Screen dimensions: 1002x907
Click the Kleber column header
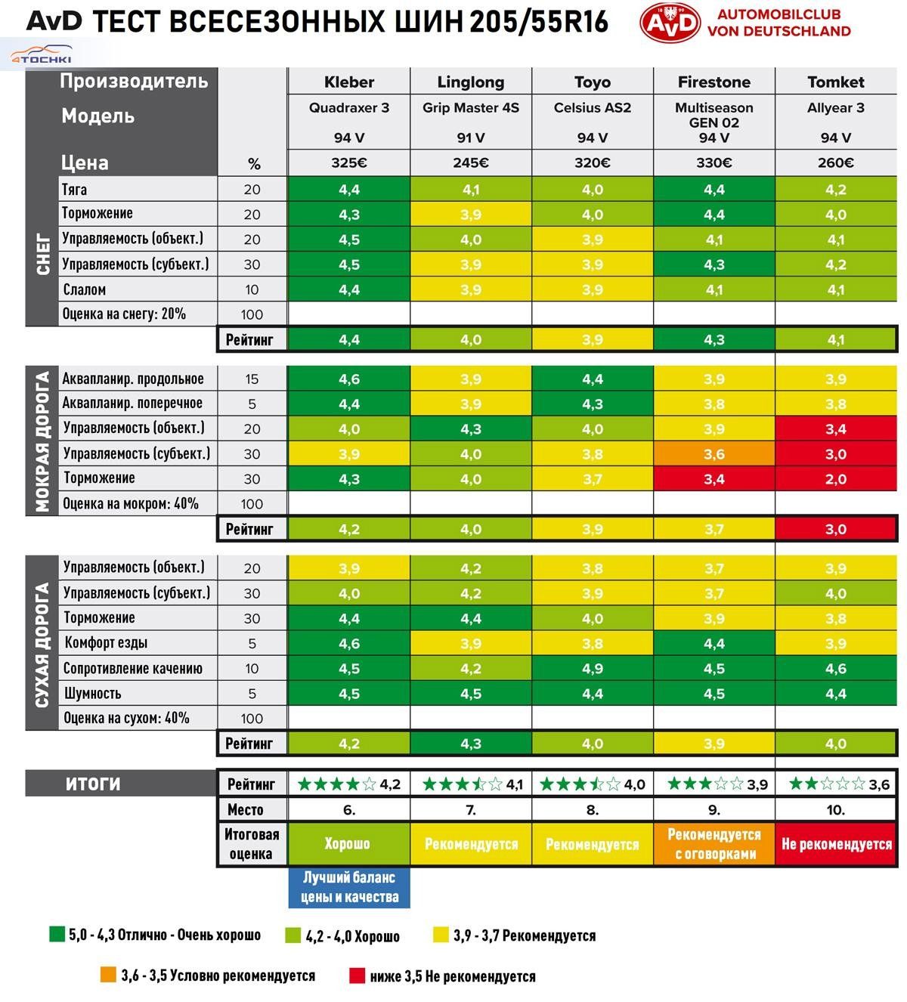349,82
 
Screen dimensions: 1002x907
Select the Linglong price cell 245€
470,162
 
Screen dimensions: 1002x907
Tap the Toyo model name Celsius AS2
592,108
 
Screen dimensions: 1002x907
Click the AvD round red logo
670,23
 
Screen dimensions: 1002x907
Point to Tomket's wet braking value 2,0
835,479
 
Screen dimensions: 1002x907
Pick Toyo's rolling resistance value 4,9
592,669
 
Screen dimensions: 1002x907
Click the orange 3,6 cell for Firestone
714,454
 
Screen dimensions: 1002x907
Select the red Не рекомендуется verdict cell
836,844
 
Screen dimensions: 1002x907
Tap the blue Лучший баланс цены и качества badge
349,888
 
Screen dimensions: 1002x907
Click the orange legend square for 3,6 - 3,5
107,975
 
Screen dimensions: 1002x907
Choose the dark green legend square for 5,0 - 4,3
57,935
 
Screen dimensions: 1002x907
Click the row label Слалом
85,289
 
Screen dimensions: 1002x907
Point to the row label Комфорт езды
106,643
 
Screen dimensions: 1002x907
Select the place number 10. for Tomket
835,810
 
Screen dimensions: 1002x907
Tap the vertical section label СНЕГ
42,254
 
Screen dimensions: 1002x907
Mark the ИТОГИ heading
93,784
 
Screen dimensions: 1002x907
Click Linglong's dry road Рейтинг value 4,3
470,744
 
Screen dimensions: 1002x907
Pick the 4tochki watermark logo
41,57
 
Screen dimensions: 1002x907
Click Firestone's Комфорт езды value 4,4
714,644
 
